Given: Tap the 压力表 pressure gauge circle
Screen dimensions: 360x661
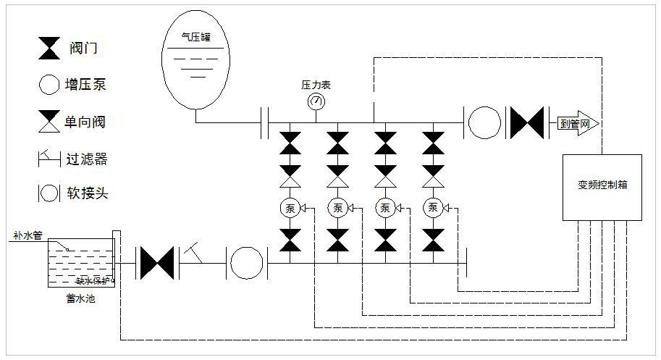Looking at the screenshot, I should [x=316, y=101].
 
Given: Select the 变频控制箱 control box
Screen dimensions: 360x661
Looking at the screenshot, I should [x=602, y=187].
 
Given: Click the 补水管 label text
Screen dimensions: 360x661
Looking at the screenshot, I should [x=28, y=236].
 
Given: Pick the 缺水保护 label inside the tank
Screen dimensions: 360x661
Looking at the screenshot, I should [x=94, y=280].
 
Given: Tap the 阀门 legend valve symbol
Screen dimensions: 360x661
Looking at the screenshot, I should [x=49, y=49].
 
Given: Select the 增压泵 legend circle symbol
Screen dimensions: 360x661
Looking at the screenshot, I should [x=49, y=85].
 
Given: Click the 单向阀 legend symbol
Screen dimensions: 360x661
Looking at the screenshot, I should [x=49, y=122].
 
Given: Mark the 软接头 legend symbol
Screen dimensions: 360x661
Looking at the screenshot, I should [x=49, y=193].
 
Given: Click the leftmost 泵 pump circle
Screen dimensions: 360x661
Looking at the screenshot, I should [x=290, y=209].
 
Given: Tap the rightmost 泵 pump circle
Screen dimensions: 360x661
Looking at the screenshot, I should [x=433, y=209].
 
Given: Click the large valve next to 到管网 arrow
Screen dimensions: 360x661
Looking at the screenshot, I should [x=527, y=122].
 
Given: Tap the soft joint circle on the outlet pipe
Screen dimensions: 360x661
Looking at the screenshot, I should [x=484, y=122].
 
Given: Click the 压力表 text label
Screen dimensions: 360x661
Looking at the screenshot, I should [x=316, y=85].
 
